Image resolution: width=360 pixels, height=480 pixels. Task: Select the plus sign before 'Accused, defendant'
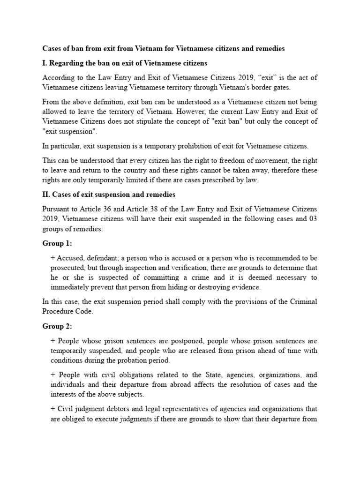(52, 258)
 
